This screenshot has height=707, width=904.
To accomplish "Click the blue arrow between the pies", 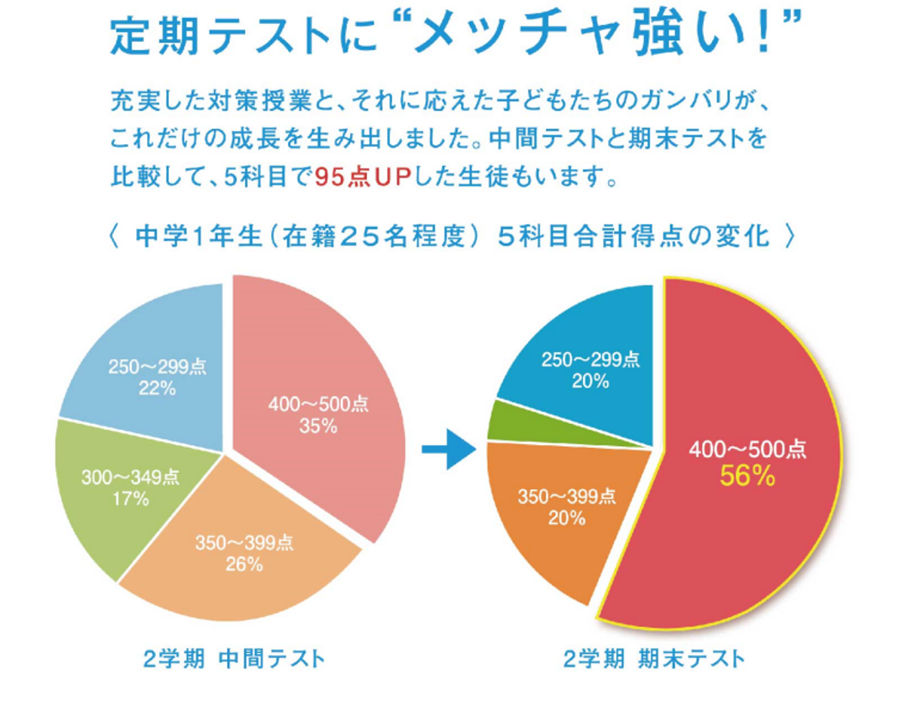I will pos(449,449).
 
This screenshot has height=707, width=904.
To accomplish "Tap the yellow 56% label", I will pos(747,476).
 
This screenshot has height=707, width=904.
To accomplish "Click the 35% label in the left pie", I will pos(318,427).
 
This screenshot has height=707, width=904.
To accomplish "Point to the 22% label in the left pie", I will pos(157,389).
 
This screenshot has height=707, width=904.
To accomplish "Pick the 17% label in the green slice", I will pos(130,498).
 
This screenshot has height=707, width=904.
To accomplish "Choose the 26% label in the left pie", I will pos(244,565).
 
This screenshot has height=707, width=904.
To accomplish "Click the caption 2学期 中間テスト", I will pos(234,659).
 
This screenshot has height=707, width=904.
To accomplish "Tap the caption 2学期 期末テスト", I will pos(654,659).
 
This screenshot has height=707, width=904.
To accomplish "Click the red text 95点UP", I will pos(363,177).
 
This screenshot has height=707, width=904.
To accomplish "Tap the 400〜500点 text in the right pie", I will pos(747,449).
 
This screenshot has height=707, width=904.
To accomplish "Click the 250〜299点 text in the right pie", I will pos(590,359).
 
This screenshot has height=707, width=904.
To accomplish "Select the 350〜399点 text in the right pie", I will pos(567,496).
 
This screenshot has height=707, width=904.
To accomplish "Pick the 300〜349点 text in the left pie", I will pos(130,477).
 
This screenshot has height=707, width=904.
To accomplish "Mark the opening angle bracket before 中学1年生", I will pos(114,236).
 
